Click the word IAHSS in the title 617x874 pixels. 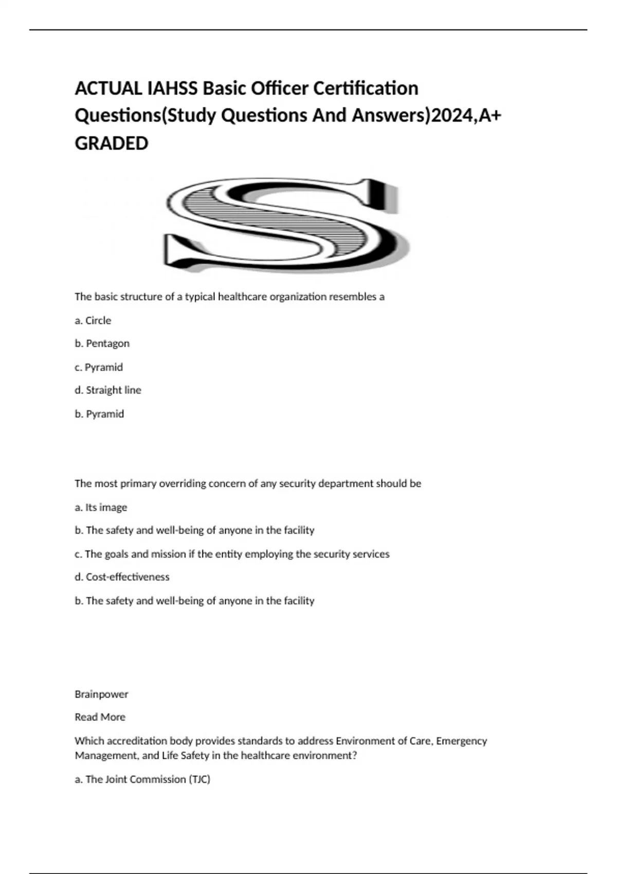(172, 88)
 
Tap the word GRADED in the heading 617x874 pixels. (112, 143)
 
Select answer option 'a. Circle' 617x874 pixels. (93, 320)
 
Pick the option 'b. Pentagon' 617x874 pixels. (102, 343)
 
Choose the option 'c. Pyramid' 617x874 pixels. (99, 367)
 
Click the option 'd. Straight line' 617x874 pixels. (108, 390)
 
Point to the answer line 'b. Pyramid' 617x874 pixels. (99, 414)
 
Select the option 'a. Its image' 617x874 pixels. (101, 507)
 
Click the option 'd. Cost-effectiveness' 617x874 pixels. (122, 577)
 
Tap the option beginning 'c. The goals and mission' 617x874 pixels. (232, 554)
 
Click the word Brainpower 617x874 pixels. (101, 694)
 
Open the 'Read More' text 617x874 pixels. (100, 717)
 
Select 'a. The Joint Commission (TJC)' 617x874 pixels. (142, 779)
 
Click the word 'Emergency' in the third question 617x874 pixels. (461, 741)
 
